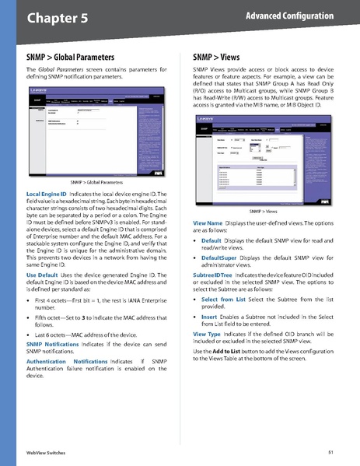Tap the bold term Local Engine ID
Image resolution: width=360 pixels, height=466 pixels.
[52, 192]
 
